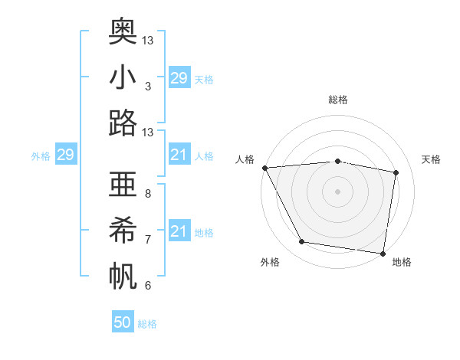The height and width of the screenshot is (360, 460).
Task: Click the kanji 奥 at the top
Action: [123, 31]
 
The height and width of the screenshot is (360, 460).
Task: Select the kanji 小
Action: [123, 78]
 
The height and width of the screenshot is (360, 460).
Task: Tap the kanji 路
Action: [123, 123]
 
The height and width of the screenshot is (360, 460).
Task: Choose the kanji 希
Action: [123, 231]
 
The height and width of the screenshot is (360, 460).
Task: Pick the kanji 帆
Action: [123, 276]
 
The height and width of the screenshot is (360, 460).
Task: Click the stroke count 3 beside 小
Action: [147, 87]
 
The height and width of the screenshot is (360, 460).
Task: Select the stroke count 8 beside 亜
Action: [147, 194]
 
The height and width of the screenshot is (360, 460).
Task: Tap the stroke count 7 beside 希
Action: [147, 240]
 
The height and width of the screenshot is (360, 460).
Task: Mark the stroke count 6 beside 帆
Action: [147, 286]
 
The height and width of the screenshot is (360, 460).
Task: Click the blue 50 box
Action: [123, 322]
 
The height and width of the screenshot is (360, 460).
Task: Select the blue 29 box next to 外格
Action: [65, 155]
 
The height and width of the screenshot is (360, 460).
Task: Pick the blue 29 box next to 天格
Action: [179, 78]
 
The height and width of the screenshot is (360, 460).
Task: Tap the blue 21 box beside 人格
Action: [179, 155]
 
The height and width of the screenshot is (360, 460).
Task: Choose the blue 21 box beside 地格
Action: [179, 231]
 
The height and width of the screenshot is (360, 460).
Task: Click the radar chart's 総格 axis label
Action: [337, 100]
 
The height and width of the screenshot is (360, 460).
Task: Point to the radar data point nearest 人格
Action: [264, 168]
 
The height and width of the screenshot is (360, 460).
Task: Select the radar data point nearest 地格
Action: [383, 253]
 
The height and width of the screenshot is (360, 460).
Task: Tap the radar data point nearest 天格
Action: [396, 172]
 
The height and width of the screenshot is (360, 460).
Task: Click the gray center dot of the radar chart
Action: [337, 191]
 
